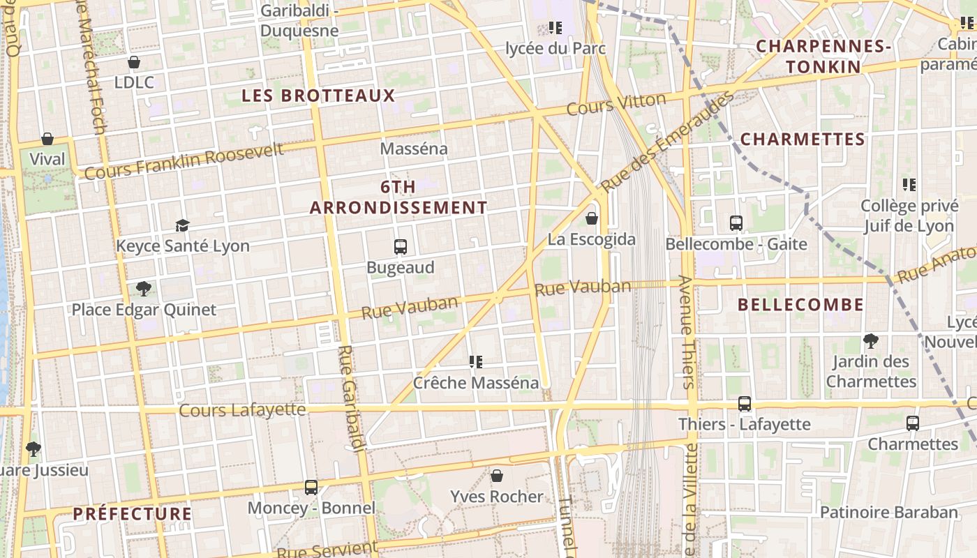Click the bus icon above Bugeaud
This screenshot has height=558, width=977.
[401, 247]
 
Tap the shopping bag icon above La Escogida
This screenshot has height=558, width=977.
[592, 219]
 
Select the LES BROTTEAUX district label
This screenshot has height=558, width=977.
[318, 96]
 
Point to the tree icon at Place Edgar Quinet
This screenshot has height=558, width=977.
[144, 289]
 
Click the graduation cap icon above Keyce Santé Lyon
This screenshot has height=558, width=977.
[182, 225]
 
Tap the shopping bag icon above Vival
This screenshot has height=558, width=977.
[47, 139]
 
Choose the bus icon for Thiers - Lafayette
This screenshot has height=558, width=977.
[745, 404]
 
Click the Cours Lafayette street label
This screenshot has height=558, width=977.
[242, 409]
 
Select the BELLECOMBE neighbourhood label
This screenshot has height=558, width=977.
[800, 305]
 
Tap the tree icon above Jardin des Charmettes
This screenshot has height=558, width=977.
[870, 341]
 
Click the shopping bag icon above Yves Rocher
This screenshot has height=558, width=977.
[497, 476]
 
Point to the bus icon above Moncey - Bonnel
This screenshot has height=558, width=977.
[311, 488]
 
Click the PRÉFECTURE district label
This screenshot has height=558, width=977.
[133, 514]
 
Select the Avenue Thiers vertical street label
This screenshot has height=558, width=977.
[686, 332]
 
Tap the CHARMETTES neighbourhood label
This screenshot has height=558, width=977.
[803, 139]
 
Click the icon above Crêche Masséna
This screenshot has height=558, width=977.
[476, 362]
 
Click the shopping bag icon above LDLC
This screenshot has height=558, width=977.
[134, 62]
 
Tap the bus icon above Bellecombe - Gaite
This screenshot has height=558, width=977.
[736, 223]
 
